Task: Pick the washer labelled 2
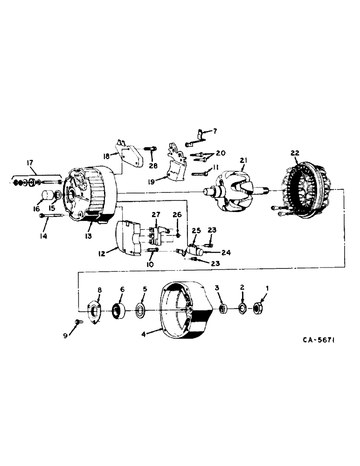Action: tap(242, 308)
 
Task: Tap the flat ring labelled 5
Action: tap(140, 310)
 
